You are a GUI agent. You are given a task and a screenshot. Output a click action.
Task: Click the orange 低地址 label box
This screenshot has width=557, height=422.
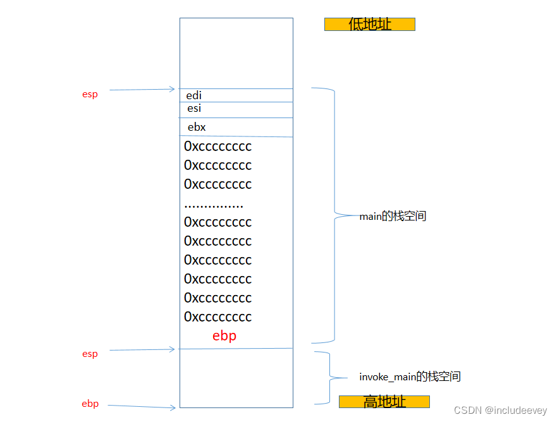(x=370, y=24)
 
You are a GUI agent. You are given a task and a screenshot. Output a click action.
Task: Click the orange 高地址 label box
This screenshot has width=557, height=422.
(x=384, y=402)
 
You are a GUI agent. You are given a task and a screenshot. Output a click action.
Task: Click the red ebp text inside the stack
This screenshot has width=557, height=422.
(x=224, y=336)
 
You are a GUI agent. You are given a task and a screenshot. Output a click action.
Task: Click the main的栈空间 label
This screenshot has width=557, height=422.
(x=393, y=216)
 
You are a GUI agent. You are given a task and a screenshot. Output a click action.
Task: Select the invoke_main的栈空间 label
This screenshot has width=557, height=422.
(x=410, y=377)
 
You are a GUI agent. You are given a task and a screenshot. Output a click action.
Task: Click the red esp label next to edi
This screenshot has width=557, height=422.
(x=90, y=94)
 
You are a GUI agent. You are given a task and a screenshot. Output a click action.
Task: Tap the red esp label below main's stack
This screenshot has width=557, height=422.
(x=90, y=354)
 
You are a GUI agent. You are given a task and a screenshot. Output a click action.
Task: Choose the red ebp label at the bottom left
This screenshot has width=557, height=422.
(x=90, y=404)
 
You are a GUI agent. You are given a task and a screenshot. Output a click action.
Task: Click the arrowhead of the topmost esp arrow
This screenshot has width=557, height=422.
(x=172, y=89)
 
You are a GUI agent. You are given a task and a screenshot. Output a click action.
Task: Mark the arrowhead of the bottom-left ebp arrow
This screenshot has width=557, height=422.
(x=173, y=408)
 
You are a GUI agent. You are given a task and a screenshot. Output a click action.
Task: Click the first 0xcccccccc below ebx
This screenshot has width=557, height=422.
(x=217, y=147)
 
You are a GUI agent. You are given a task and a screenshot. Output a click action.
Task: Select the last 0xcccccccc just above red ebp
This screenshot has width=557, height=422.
(x=217, y=317)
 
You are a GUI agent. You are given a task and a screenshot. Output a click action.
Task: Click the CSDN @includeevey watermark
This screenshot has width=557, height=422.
(x=500, y=410)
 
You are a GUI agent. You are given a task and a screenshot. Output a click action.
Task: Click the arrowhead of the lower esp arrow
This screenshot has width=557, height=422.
(x=172, y=349)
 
